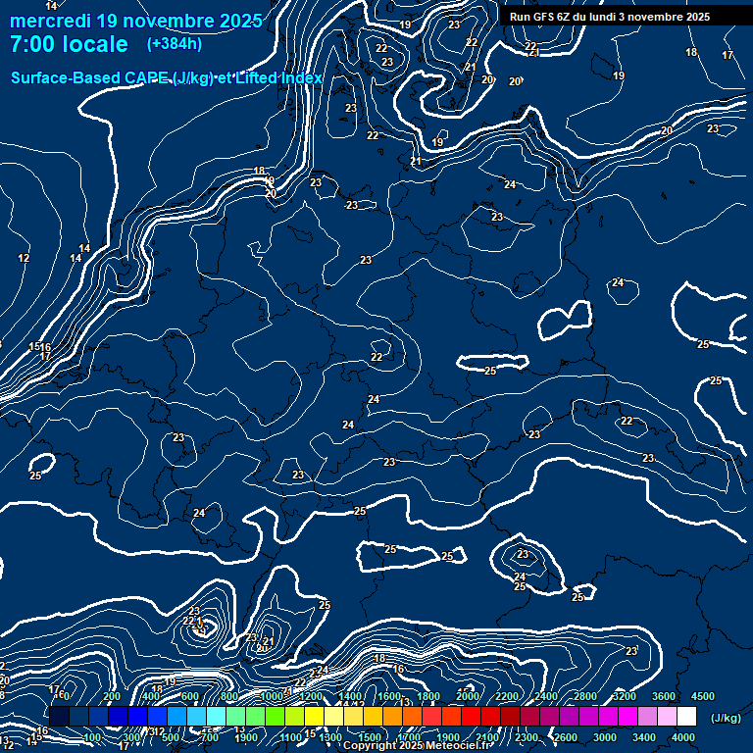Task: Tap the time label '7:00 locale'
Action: [x=69, y=44]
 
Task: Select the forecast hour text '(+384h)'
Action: [x=175, y=44]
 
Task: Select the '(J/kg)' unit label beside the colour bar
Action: [x=726, y=719]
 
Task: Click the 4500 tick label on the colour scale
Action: [x=703, y=696]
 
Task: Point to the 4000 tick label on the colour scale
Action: [x=683, y=737]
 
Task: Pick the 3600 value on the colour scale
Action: [x=664, y=696]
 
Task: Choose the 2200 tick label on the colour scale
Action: [x=506, y=696]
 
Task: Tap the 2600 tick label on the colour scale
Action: [x=566, y=737]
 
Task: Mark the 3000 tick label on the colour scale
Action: [x=605, y=737]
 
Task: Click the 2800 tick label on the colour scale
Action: [x=585, y=696]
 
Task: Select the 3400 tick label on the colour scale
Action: [x=644, y=737]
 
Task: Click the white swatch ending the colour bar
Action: [x=686, y=717]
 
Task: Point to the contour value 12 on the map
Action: [x=24, y=258]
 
